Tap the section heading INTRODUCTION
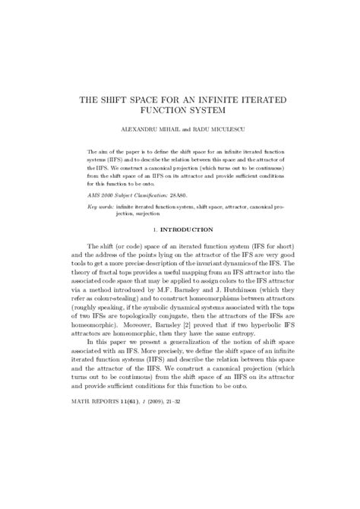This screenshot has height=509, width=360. [185, 230]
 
